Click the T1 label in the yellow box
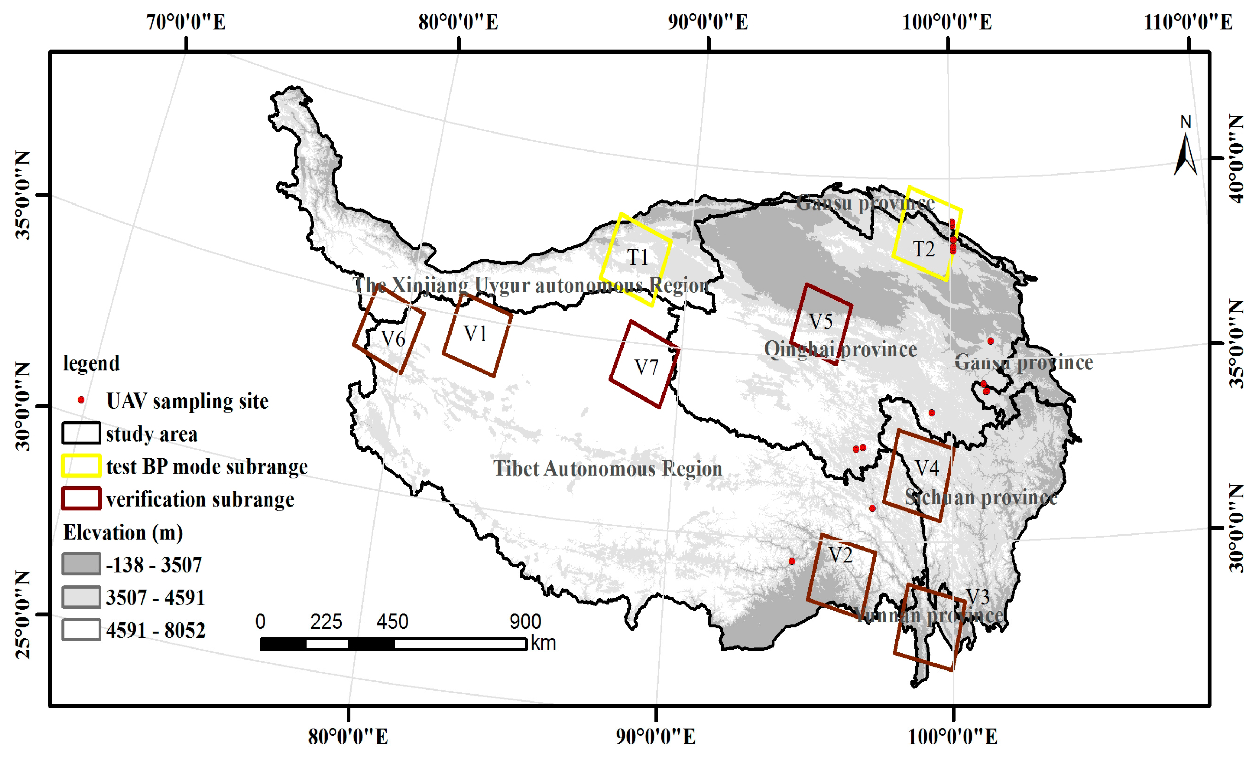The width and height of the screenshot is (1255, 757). (x=637, y=258)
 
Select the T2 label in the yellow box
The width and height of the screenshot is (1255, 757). (x=924, y=249)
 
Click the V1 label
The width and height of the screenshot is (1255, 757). (x=475, y=334)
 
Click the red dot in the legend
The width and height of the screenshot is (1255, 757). (x=81, y=400)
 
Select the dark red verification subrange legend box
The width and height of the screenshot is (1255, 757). (x=81, y=499)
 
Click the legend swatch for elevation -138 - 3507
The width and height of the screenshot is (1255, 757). (x=81, y=564)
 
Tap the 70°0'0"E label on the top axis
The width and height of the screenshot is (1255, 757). (x=186, y=22)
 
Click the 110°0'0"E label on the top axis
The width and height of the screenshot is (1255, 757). (x=1188, y=22)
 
